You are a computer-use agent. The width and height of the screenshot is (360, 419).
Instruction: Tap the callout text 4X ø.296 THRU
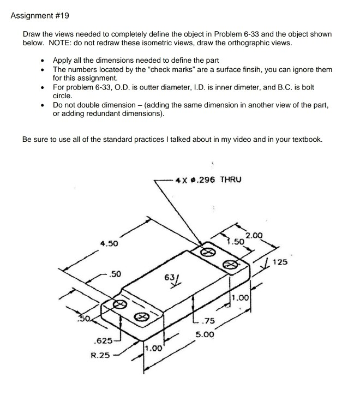click(207, 179)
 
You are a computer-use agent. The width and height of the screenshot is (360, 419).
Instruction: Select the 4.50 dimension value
click(109, 244)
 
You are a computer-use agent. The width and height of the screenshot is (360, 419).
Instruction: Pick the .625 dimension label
click(103, 341)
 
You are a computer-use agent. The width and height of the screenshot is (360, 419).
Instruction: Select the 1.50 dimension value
click(236, 241)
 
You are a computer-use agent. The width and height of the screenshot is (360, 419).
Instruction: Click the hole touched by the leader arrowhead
click(207, 253)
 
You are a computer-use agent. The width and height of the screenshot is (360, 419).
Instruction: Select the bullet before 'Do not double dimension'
click(43, 105)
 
